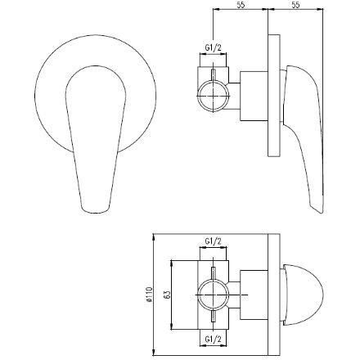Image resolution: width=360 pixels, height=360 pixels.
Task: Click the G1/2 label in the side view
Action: [x=211, y=48]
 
